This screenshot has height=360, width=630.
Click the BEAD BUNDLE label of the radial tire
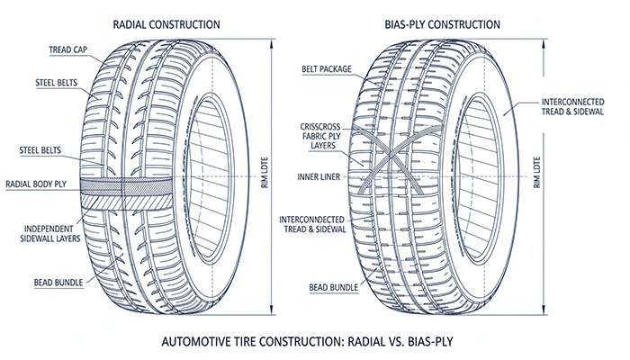[x=58, y=283]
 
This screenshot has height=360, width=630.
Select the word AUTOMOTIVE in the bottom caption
[x=199, y=343]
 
